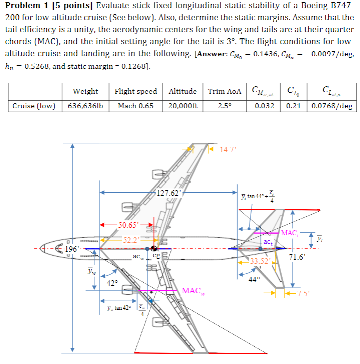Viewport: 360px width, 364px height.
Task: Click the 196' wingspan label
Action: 72,249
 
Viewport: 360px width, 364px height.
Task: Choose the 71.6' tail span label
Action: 300,257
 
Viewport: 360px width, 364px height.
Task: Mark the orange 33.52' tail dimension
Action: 260,261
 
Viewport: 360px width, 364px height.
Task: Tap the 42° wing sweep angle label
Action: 113,283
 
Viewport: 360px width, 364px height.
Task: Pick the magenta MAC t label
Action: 290,233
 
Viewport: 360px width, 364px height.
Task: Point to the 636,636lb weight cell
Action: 85,106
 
